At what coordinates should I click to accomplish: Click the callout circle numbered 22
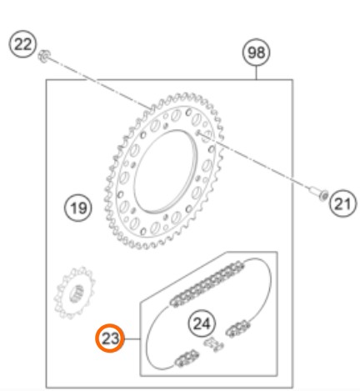click(x=22, y=44)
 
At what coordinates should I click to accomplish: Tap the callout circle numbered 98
click(x=256, y=53)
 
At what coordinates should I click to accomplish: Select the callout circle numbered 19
click(x=77, y=208)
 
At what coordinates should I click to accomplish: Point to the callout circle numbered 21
click(x=342, y=203)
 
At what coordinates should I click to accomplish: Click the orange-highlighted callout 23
click(x=110, y=338)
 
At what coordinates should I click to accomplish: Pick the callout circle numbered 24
click(x=202, y=323)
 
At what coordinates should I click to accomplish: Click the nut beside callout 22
click(x=44, y=57)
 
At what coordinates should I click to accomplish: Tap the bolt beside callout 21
click(x=319, y=193)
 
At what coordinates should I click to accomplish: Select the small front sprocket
click(x=74, y=293)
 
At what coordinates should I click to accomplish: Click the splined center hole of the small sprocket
click(x=77, y=293)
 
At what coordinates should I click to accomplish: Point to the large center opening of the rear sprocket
click(x=166, y=172)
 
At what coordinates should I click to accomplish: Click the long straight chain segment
click(x=207, y=284)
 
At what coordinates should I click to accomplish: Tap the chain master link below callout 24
click(x=213, y=344)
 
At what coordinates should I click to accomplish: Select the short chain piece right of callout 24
click(x=237, y=328)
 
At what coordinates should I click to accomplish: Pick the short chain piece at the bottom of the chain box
click(x=187, y=358)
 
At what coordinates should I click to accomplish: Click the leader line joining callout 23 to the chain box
click(x=132, y=338)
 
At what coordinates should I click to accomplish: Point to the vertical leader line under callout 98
click(x=257, y=73)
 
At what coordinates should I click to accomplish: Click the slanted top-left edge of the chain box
click(x=183, y=277)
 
